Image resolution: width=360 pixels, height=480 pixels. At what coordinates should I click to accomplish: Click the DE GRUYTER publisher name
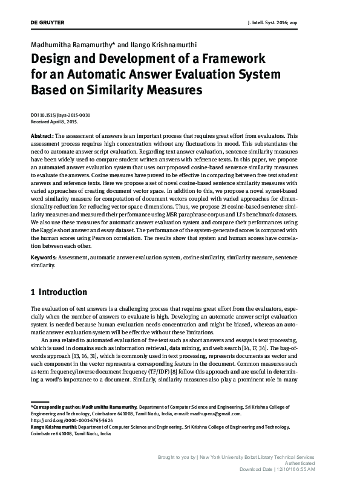click(x=47, y=22)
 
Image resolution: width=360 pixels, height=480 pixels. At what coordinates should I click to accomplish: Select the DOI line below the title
click(x=61, y=114)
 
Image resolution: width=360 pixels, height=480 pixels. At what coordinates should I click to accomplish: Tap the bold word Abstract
click(x=42, y=136)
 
